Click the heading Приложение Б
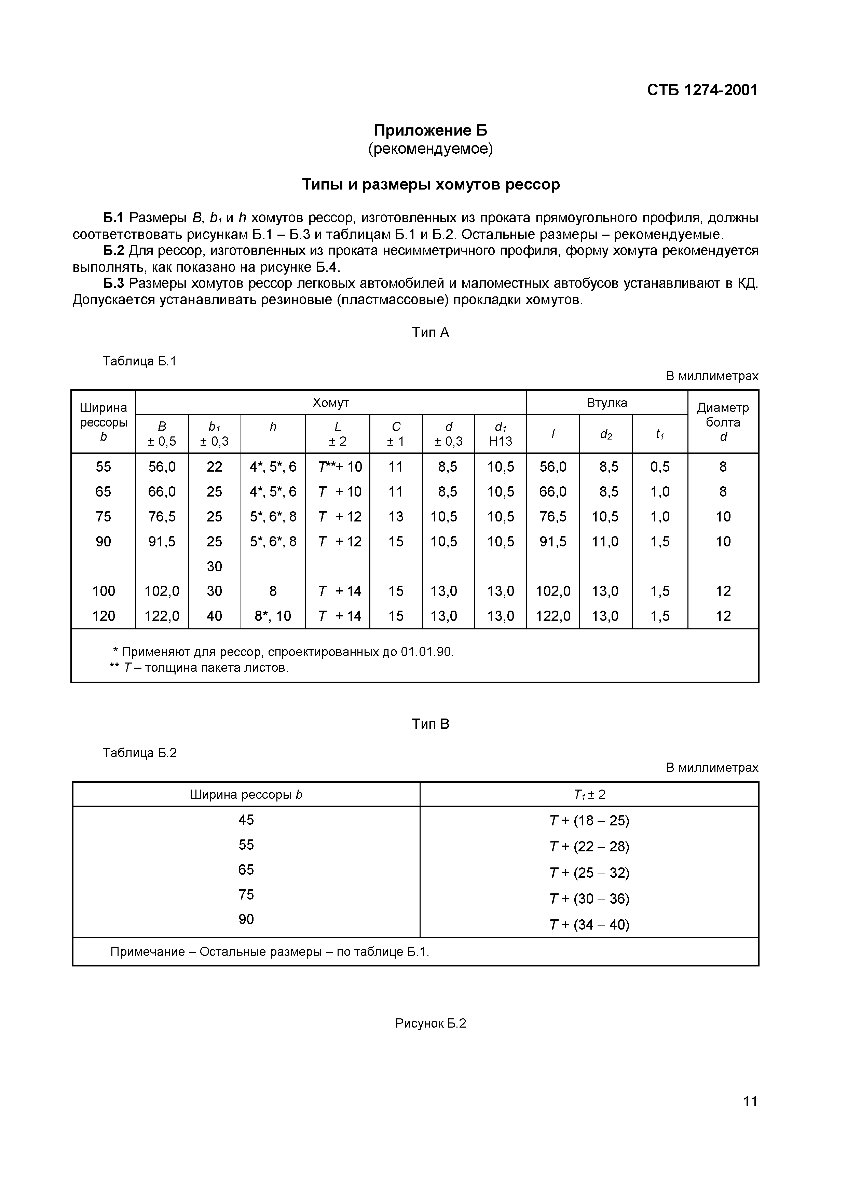tap(430, 130)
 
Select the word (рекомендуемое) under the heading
tap(430, 149)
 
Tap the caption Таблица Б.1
tap(139, 361)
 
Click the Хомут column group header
tap(330, 403)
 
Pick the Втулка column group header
tap(606, 403)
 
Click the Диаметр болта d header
tap(722, 422)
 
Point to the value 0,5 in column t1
tap(660, 466)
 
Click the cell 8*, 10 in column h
tap(272, 616)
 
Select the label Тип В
tap(430, 724)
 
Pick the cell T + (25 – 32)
tap(589, 873)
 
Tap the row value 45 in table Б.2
tap(246, 820)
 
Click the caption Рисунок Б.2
tap(430, 1023)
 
